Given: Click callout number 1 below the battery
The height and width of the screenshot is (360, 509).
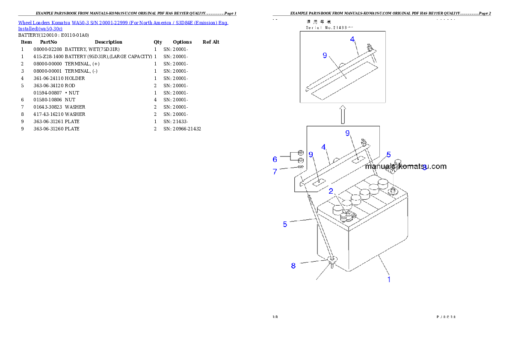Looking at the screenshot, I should tap(389, 280).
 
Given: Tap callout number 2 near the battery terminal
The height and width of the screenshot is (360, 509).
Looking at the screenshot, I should tap(331, 191).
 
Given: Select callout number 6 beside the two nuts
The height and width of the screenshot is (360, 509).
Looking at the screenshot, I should tap(275, 159).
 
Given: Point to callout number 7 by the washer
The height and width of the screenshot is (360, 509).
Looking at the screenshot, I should tap(275, 171).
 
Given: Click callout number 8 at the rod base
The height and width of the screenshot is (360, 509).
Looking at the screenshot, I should tap(293, 266).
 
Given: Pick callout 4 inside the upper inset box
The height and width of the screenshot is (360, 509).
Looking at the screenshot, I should tap(352, 39).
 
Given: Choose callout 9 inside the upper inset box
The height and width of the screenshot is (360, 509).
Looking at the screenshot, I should tap(325, 55).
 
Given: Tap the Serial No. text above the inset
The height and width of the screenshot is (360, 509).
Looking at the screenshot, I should tap(329, 27).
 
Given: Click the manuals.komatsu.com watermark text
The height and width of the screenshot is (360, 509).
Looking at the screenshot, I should tap(405, 166).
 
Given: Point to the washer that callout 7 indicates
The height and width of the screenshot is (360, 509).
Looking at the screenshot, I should tap(300, 167).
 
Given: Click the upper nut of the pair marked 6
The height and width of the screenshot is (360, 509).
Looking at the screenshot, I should tap(300, 153).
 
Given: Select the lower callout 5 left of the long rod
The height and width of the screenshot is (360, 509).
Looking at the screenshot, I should tap(285, 224).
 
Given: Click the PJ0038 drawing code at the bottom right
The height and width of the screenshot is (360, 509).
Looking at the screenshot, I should tap(446, 317).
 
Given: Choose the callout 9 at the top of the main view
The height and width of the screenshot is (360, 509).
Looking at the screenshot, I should tap(348, 133).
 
